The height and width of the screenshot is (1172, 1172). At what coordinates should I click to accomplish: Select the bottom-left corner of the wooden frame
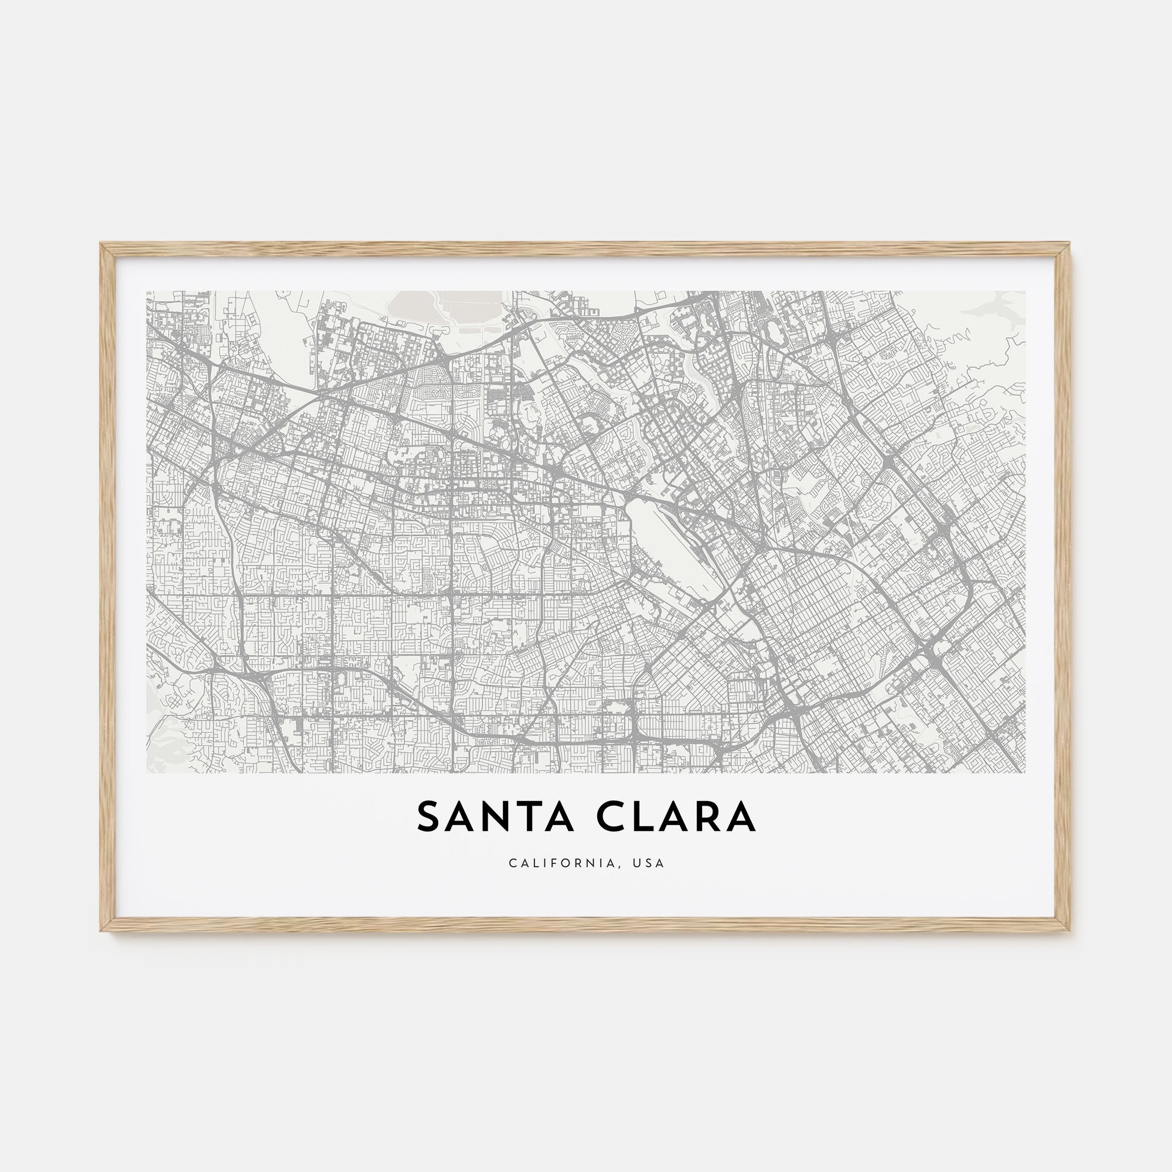(101, 930)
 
